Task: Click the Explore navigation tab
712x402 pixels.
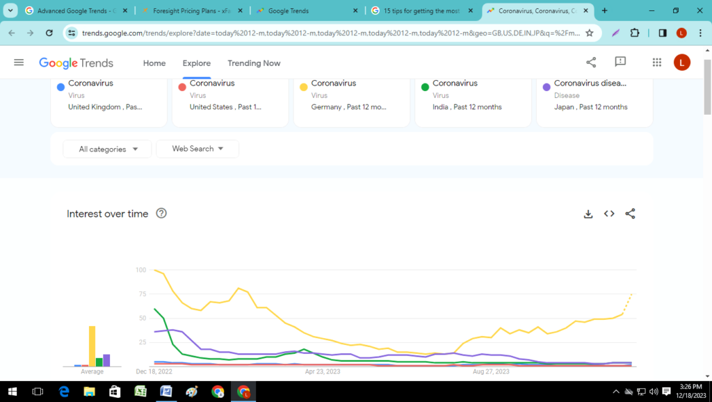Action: (197, 63)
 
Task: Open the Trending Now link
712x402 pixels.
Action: (254, 63)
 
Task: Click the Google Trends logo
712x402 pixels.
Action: (76, 63)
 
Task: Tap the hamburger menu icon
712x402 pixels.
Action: (19, 63)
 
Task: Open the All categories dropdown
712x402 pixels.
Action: (107, 149)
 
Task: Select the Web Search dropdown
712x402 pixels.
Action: (197, 149)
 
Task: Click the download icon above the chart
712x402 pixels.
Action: (588, 214)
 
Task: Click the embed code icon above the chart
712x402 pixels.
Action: (609, 214)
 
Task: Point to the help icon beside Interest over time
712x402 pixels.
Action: (161, 214)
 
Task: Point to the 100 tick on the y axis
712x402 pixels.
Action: (141, 270)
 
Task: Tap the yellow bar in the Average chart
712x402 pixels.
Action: (92, 346)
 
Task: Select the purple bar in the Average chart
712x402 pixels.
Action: (106, 360)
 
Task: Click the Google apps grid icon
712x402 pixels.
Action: (657, 63)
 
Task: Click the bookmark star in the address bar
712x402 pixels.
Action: (590, 33)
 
